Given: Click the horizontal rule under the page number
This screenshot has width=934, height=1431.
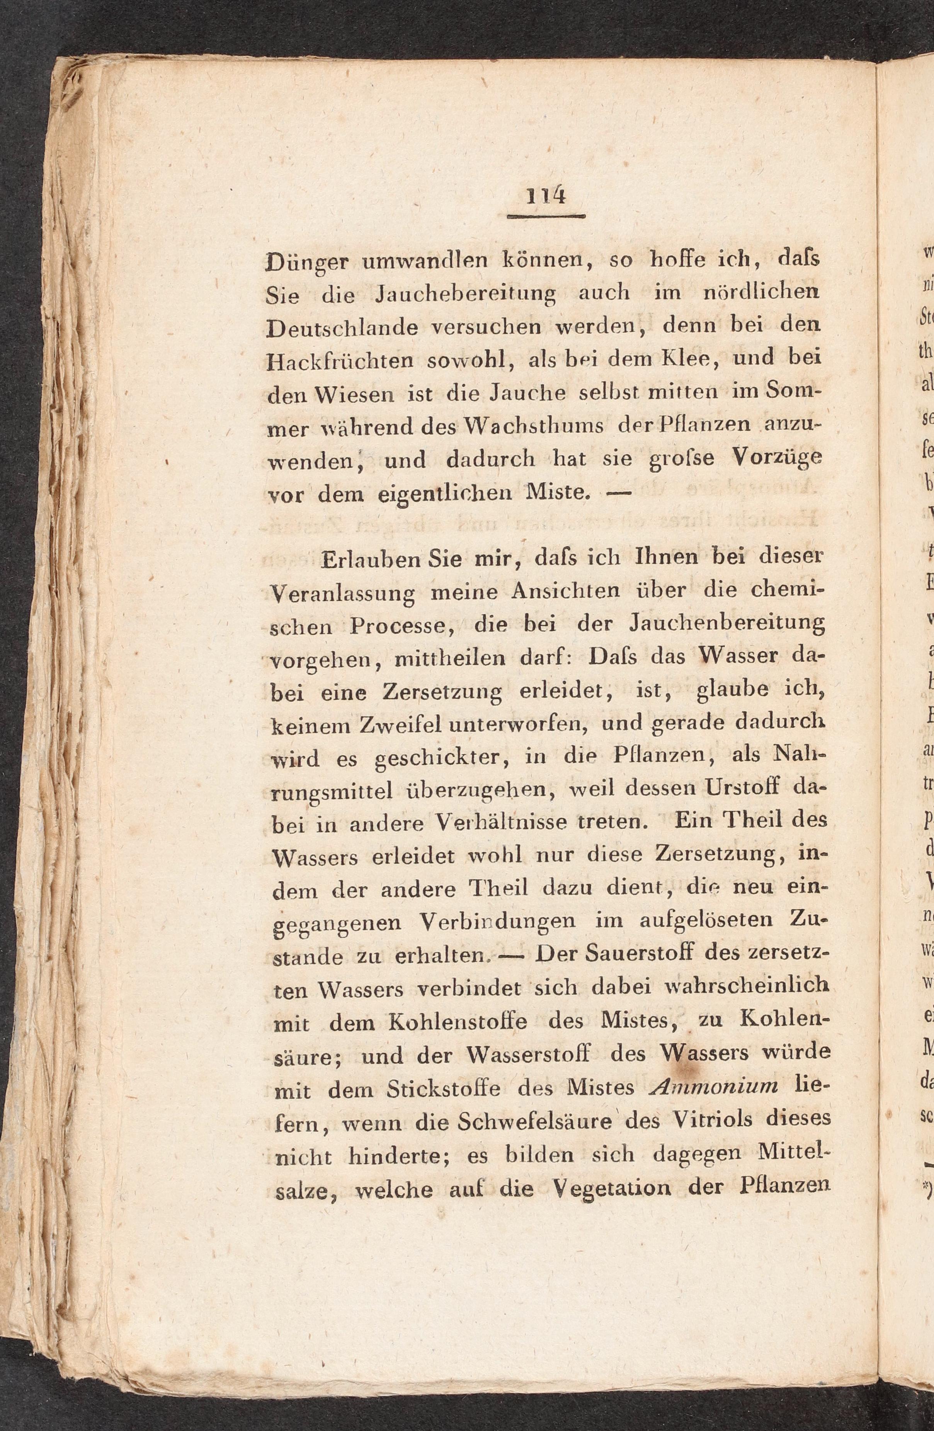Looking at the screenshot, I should (546, 216).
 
